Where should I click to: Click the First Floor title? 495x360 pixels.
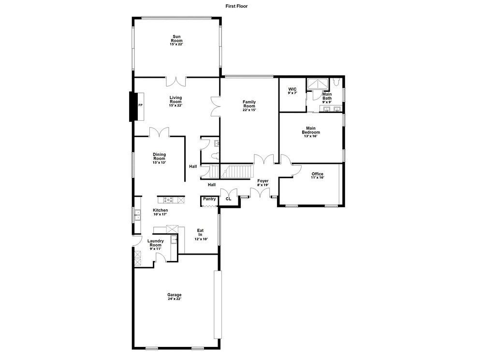[x=236, y=6]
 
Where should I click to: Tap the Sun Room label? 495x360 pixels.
[x=176, y=41]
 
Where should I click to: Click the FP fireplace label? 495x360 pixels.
[x=140, y=105]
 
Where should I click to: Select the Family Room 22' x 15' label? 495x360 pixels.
[x=249, y=106]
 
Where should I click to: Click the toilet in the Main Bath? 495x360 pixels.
[x=336, y=82]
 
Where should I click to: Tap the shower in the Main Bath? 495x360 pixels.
[x=318, y=84]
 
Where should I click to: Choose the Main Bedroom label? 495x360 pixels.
[x=311, y=132]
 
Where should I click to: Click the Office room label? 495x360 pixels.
[x=317, y=176]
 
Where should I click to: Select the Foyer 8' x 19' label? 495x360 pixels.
[x=262, y=183]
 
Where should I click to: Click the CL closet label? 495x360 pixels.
[x=229, y=199]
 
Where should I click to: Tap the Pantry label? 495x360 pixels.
[x=209, y=199]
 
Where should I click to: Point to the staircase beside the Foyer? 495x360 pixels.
[x=237, y=171]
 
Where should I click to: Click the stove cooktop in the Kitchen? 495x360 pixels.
[x=168, y=200]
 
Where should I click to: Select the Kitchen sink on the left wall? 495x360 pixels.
[x=138, y=215]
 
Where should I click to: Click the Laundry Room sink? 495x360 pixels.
[x=174, y=240]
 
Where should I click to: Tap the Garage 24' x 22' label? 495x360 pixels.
[x=175, y=297]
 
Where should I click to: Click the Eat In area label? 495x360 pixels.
[x=200, y=235]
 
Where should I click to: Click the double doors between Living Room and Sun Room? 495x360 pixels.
[x=176, y=81]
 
